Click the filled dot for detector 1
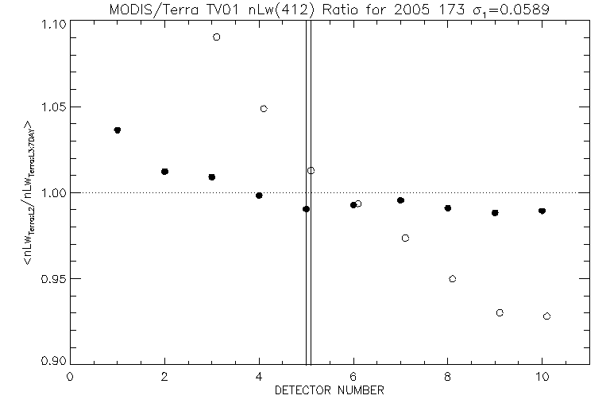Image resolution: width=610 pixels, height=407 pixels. [x=117, y=130]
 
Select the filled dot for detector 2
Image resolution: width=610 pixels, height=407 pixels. [x=164, y=172]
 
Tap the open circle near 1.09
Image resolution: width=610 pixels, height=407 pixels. [x=216, y=37]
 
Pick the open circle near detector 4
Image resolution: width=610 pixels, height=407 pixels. [x=264, y=109]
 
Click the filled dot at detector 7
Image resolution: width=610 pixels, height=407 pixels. [x=400, y=200]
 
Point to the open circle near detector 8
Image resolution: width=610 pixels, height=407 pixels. [x=452, y=279]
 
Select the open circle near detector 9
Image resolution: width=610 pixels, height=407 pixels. [x=500, y=312]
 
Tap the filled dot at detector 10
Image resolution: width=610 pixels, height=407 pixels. [x=542, y=211]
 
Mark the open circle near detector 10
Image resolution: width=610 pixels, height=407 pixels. [x=546, y=316]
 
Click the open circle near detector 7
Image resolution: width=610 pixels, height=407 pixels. [x=405, y=238]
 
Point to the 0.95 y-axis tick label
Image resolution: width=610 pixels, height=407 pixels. [x=53, y=279]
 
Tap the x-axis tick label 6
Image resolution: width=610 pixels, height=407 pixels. [x=353, y=378]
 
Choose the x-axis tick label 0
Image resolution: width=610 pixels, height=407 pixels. [x=70, y=378]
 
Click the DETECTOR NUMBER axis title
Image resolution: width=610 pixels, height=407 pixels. [x=330, y=391]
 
